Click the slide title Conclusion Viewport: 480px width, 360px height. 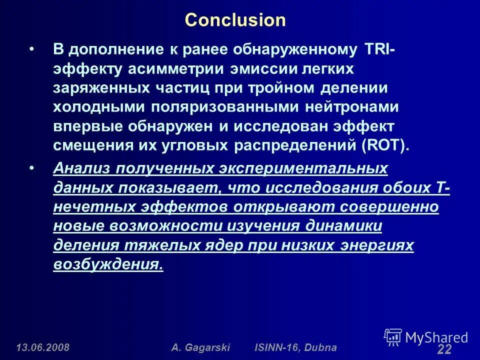(235, 20)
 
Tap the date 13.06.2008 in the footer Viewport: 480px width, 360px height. (43, 347)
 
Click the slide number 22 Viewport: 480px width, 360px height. (444, 350)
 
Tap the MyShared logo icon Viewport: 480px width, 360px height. (393, 337)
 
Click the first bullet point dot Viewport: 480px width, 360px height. (32, 50)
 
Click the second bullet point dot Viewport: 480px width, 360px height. (32, 169)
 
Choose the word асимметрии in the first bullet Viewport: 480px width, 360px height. (160, 69)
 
